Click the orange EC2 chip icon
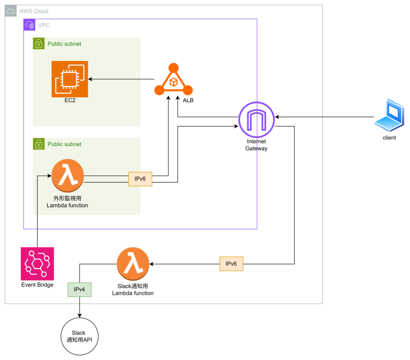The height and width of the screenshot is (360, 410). (70, 79)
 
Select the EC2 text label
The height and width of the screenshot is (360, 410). (70, 100)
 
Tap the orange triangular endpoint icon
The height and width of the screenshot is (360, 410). (173, 80)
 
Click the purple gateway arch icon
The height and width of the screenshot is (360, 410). (257, 120)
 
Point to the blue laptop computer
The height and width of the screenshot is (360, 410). (390, 115)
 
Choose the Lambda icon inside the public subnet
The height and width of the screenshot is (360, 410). (68, 176)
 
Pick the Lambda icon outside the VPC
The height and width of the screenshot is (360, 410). (133, 263)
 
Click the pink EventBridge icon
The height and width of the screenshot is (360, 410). (38, 263)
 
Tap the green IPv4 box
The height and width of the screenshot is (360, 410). (79, 290)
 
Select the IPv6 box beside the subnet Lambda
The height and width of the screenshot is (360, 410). (140, 179)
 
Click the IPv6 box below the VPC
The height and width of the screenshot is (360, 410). (231, 264)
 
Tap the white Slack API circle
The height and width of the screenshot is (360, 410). (79, 336)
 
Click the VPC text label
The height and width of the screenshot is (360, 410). (44, 25)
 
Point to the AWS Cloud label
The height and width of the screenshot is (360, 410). (34, 11)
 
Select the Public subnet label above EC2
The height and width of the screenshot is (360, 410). (64, 44)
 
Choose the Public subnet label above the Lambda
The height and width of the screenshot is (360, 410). (64, 144)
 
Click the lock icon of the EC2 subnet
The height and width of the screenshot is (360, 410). (38, 43)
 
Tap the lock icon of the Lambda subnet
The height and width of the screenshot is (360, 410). (38, 144)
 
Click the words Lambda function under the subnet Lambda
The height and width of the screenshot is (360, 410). (67, 205)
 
